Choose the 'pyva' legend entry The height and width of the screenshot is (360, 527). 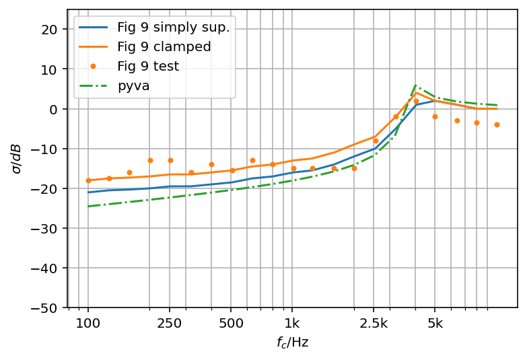point(133,86)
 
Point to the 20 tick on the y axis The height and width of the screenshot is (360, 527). point(51,30)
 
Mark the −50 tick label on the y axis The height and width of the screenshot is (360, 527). point(48,308)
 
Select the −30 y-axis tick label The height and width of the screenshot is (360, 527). point(48,229)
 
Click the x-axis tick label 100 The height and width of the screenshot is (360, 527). point(88,323)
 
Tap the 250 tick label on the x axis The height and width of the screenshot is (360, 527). point(170,323)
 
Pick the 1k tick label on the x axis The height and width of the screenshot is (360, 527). point(292,323)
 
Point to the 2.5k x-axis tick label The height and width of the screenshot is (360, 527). point(374,323)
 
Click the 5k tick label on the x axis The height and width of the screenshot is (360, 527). point(435,323)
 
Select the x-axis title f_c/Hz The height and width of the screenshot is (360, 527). point(292,343)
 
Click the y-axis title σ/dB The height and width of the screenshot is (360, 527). point(16,159)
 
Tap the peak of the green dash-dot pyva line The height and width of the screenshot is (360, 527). point(415,85)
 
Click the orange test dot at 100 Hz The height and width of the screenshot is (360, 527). point(88,180)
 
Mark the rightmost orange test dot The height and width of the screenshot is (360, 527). point(497,124)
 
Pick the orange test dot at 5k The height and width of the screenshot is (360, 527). point(435,116)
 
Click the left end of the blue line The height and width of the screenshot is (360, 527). point(88,192)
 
